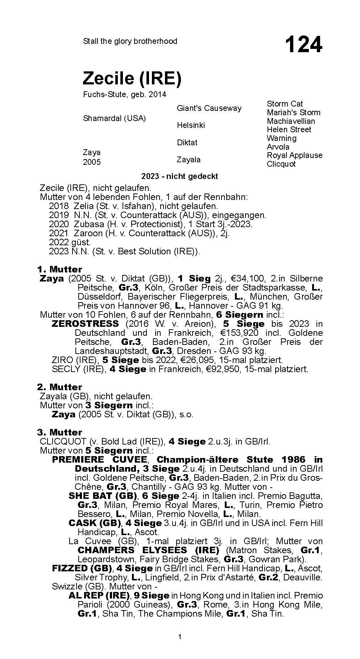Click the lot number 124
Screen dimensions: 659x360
click(x=303, y=45)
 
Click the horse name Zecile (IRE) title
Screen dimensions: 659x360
click(x=132, y=78)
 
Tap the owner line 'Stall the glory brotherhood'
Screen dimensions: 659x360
click(x=130, y=41)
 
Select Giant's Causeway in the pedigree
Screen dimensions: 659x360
click(x=209, y=108)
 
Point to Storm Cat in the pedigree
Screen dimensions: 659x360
click(x=285, y=104)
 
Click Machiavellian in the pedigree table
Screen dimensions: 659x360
click(x=291, y=121)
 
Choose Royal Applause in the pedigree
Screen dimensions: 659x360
click(x=294, y=155)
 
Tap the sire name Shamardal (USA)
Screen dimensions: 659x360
click(x=114, y=118)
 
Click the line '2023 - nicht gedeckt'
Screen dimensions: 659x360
click(x=179, y=176)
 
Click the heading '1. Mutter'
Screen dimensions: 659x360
click(x=59, y=269)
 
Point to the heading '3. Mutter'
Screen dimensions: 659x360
click(x=59, y=432)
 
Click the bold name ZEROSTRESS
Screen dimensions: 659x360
click(x=85, y=324)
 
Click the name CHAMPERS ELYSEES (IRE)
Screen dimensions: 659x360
click(x=148, y=550)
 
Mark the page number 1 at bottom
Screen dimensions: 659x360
click(x=180, y=636)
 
